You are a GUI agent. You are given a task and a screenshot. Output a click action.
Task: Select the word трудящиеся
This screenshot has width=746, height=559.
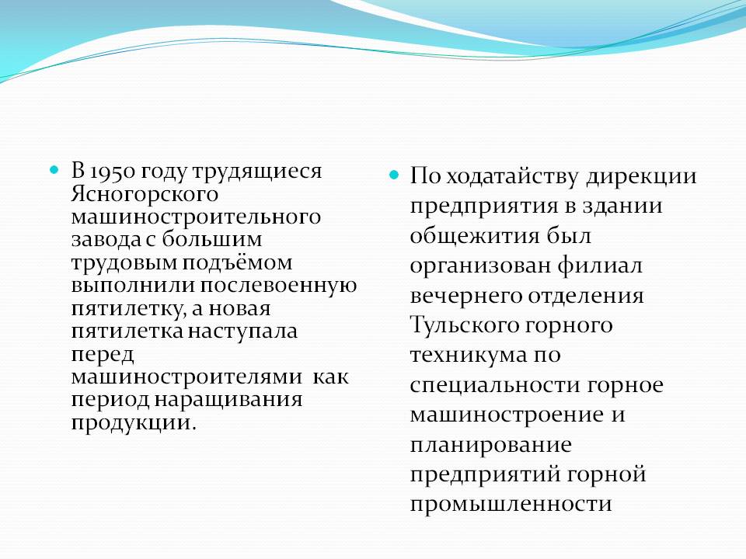coord(257,172)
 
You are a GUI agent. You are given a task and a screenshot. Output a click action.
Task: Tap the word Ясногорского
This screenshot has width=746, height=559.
coord(145,194)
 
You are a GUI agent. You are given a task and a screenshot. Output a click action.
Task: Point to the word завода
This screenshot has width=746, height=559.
coord(106,239)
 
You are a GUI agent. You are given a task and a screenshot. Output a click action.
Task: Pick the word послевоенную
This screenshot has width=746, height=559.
coord(278,286)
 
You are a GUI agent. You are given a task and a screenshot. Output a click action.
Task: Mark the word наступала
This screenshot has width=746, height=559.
coord(242,332)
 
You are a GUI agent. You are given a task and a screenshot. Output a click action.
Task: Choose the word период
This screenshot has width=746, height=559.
coord(110,400)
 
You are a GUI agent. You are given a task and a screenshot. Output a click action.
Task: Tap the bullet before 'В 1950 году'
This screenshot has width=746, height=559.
coord(54,169)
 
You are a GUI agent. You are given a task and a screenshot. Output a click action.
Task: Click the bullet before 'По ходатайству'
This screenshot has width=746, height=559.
coord(393,175)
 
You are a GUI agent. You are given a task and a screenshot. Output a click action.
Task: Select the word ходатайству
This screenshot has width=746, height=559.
coord(513,177)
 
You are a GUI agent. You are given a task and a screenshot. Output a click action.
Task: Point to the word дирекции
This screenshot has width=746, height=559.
coord(642,177)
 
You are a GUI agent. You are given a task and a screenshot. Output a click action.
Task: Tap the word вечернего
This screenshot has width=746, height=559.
coord(465,296)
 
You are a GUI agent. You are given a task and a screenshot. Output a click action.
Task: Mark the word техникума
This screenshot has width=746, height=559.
coord(469,356)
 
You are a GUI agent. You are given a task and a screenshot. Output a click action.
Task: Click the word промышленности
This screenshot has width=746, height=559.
coord(511,504)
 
